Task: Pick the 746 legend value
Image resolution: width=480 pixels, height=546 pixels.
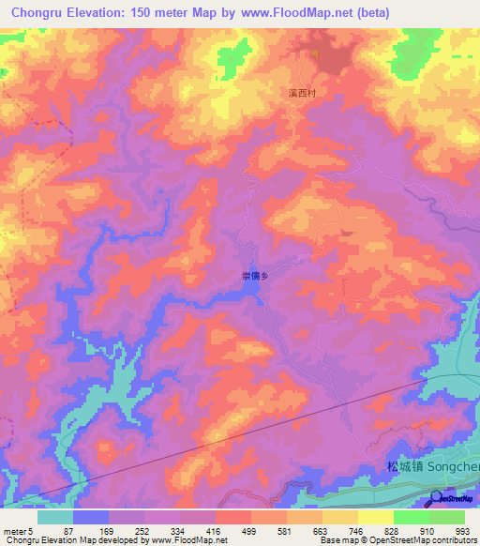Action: [344, 530]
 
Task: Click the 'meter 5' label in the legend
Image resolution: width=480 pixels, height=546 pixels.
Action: [18, 530]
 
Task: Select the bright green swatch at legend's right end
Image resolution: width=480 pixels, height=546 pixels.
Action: [447, 517]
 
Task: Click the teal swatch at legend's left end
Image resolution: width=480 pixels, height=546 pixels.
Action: [55, 517]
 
